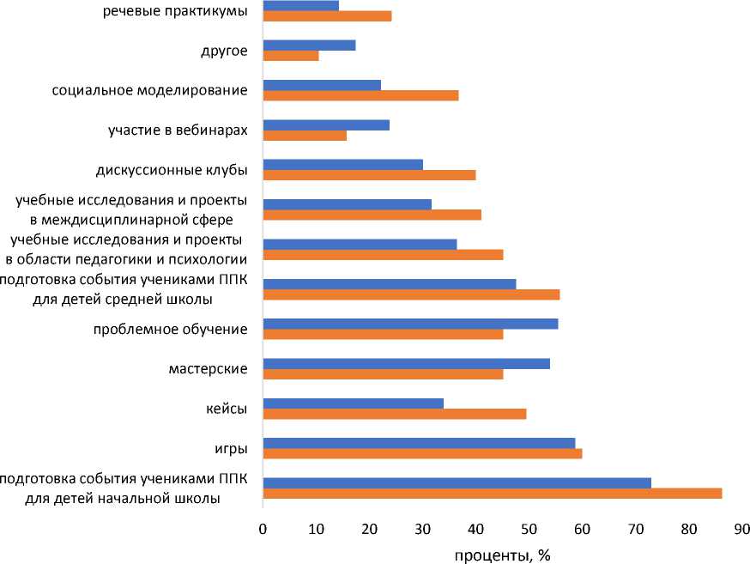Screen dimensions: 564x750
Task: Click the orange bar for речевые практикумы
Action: click(327, 15)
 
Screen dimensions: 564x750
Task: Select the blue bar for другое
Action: click(309, 45)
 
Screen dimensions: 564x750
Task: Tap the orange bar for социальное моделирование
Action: click(360, 95)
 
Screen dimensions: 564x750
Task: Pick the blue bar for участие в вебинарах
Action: click(326, 124)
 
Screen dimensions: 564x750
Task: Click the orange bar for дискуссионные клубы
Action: click(369, 175)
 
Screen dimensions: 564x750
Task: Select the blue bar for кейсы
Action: click(353, 403)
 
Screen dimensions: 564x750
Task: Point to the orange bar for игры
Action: click(422, 453)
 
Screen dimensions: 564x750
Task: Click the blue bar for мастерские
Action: click(406, 363)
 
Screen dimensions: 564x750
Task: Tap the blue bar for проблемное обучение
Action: click(410, 324)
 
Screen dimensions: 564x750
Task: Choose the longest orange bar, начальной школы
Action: click(492, 493)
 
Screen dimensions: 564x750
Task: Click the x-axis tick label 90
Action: click(741, 530)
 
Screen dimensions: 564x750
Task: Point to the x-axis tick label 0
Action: click(263, 530)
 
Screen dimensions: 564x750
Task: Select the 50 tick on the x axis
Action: click(529, 530)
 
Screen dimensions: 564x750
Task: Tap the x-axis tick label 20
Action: click(369, 530)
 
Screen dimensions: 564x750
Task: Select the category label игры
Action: click(231, 448)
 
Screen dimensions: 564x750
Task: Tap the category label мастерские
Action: click(209, 369)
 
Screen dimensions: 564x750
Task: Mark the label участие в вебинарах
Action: click(178, 130)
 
